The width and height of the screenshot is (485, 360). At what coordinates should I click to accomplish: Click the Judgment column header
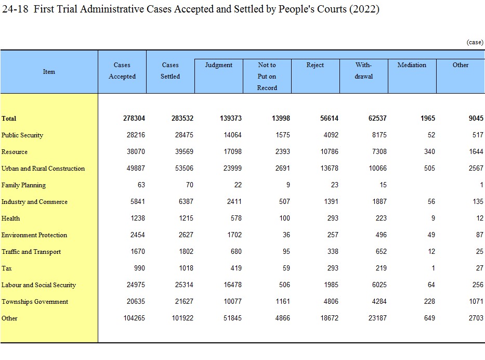click(219, 65)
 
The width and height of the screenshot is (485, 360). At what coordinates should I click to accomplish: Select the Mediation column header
click(412, 65)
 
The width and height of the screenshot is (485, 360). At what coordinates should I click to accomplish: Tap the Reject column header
click(315, 65)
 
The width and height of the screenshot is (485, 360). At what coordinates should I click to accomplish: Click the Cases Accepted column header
click(122, 71)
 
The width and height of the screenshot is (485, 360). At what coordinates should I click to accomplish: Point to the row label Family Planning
click(23, 185)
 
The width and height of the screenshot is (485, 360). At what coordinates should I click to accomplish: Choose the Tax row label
click(6, 268)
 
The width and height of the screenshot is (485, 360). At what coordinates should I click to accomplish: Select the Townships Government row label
click(35, 302)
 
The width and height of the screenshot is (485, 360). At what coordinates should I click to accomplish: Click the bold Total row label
click(9, 119)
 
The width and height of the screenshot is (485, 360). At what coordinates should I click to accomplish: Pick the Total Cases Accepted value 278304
click(134, 118)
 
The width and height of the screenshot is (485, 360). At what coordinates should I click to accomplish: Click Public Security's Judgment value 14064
click(232, 135)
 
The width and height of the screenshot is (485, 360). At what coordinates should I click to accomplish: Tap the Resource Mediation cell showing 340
click(429, 152)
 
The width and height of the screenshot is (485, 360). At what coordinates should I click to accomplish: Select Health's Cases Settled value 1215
click(186, 218)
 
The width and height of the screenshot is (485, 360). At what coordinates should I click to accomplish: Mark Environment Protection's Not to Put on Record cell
click(286, 235)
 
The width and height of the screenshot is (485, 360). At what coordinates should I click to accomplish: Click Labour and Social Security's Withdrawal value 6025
click(379, 285)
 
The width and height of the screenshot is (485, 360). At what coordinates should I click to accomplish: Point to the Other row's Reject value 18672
click(330, 318)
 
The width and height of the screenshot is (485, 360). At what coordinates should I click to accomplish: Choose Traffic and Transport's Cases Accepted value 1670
click(138, 252)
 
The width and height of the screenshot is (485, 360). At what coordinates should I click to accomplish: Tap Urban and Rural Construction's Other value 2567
click(476, 169)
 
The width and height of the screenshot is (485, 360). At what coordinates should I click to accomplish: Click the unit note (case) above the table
click(475, 42)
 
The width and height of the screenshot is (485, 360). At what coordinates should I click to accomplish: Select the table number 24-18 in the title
click(15, 9)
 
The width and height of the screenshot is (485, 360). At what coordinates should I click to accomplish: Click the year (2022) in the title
click(364, 9)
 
